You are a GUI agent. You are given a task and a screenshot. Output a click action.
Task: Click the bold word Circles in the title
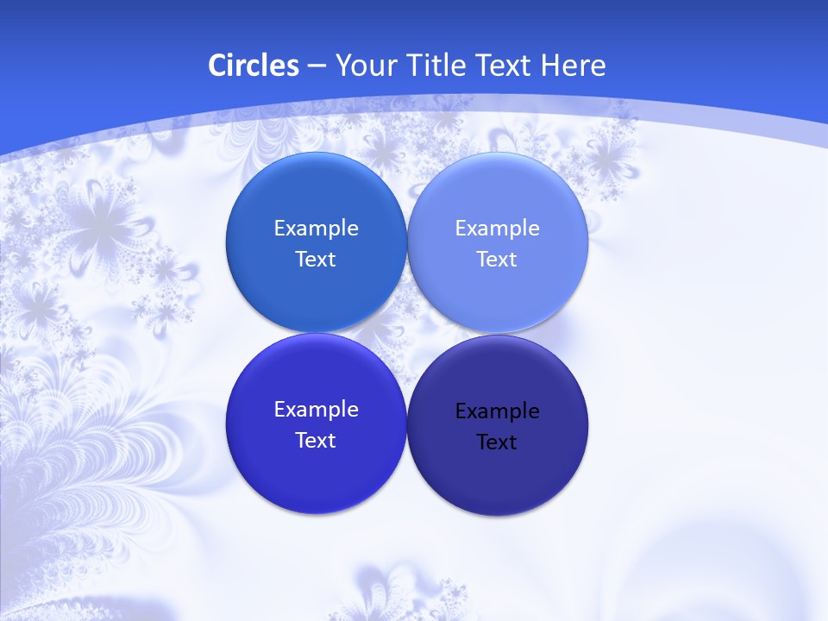click(253, 66)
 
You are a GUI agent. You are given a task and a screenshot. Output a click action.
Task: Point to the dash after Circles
click(317, 66)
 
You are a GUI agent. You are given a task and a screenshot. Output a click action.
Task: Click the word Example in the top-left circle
click(316, 229)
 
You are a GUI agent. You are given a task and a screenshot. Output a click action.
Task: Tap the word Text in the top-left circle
click(316, 260)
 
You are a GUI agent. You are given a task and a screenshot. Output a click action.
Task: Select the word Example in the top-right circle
click(497, 229)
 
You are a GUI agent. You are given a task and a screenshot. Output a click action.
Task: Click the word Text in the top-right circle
click(497, 260)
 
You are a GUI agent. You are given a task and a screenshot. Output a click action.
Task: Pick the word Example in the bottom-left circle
click(316, 410)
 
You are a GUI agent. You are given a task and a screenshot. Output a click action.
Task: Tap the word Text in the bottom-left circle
click(316, 441)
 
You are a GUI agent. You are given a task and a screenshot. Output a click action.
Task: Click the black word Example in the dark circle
click(497, 411)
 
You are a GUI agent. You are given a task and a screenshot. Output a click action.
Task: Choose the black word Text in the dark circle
click(497, 442)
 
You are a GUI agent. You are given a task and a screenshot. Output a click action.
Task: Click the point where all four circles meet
click(406, 333)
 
